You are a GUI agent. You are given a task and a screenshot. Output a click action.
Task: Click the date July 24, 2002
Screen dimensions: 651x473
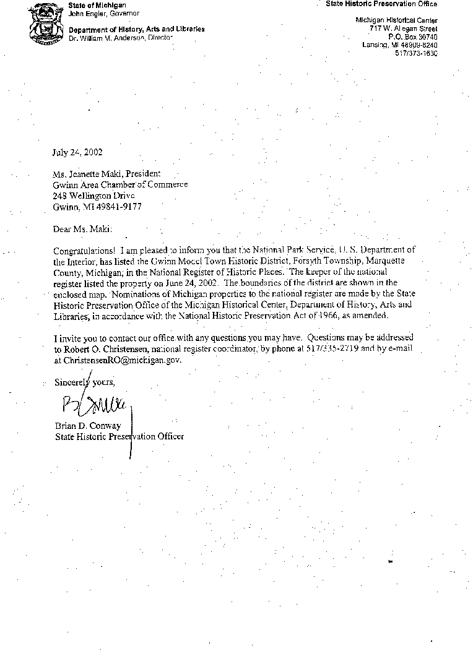pos(77,152)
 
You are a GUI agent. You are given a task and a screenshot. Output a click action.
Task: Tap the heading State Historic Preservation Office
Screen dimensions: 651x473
pos(381,4)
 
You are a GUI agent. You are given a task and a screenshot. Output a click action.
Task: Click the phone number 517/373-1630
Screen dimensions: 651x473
pos(416,53)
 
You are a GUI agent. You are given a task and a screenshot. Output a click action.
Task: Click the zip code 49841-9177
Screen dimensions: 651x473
pos(120,207)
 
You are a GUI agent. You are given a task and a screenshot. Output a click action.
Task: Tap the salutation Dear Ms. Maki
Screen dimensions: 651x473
pos(83,229)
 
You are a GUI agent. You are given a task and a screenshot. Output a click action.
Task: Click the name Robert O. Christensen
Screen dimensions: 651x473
pos(104,349)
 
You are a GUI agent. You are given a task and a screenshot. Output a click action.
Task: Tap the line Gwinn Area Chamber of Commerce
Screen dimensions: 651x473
pos(120,184)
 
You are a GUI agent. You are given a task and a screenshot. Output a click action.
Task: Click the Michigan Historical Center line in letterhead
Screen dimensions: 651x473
pos(396,20)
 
